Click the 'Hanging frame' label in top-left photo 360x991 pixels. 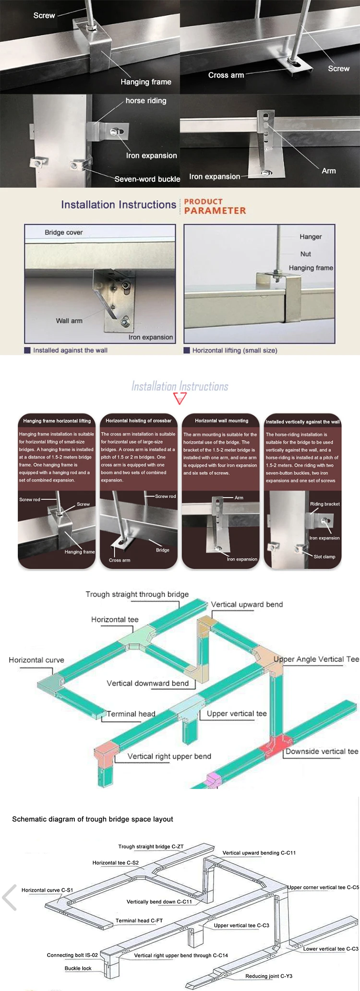point(146,82)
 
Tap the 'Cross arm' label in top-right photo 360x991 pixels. point(226,75)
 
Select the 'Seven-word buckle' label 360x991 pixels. point(147,179)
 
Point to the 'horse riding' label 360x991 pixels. point(146,101)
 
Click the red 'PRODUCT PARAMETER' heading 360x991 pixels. point(215,206)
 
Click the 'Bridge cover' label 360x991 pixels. point(64,232)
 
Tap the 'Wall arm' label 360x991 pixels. point(69,321)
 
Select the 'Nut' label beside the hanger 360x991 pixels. point(305,254)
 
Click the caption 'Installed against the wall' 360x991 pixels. point(70,350)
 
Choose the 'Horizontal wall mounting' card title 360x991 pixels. point(221,421)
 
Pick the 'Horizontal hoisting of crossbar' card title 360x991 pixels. point(138,421)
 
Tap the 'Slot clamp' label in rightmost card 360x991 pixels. point(324,557)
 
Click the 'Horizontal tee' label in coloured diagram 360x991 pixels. point(115,620)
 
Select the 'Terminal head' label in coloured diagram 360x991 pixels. point(131,714)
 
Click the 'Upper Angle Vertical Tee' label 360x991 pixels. point(316,659)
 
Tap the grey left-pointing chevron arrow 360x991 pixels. point(10,897)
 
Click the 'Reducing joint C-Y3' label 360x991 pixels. point(268,976)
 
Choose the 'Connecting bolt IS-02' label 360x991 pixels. point(72,955)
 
